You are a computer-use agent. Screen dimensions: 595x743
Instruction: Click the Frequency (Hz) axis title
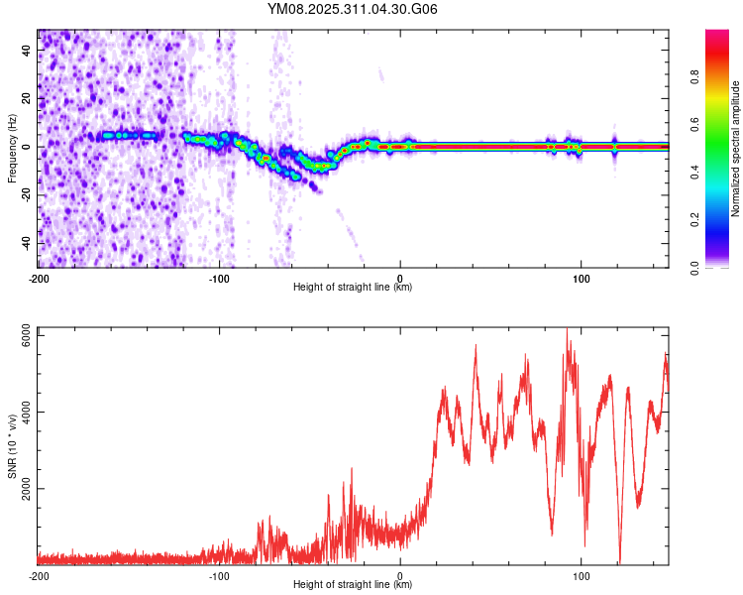click(x=12, y=149)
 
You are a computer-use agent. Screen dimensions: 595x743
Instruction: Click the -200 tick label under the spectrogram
click(x=39, y=276)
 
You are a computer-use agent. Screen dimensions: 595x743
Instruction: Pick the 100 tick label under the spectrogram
click(x=581, y=276)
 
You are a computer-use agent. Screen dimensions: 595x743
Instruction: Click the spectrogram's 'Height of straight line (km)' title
click(x=353, y=288)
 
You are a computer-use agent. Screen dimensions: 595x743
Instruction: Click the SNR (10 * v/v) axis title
click(x=12, y=449)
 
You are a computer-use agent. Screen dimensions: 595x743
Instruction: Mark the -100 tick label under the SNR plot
click(x=219, y=576)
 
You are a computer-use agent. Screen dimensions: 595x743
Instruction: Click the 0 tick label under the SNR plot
click(x=400, y=576)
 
